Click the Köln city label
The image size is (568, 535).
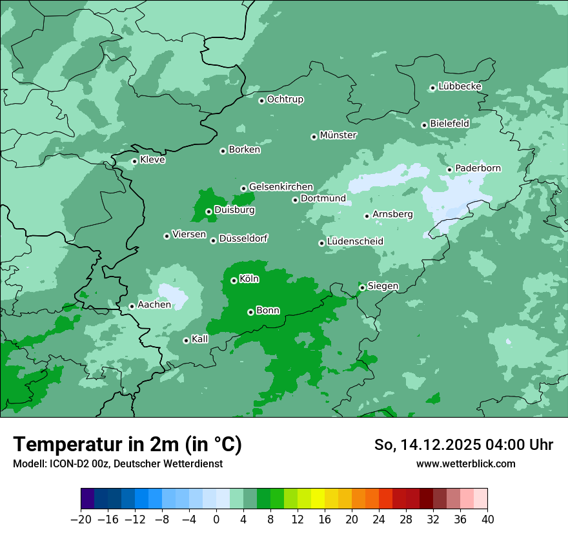click(249, 279)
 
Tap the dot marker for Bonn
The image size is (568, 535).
click(250, 312)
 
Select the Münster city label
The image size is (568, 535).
click(338, 135)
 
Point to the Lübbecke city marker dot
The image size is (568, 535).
click(432, 88)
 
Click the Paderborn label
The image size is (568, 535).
click(478, 168)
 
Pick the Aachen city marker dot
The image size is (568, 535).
click(132, 306)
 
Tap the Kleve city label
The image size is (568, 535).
click(152, 160)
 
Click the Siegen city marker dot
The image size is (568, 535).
click(363, 287)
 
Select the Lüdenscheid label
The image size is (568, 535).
click(355, 242)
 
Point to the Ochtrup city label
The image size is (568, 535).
click(285, 99)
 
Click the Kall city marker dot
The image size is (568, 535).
click(186, 340)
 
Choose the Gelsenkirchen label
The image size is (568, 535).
click(281, 187)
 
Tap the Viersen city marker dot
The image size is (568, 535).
click(167, 236)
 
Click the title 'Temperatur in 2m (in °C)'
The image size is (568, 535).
click(127, 445)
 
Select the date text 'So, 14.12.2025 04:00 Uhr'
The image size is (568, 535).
click(463, 445)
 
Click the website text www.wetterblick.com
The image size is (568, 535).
click(465, 463)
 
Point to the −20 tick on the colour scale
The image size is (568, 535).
click(81, 519)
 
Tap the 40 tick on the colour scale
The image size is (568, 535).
click(487, 519)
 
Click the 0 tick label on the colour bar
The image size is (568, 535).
click(216, 520)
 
